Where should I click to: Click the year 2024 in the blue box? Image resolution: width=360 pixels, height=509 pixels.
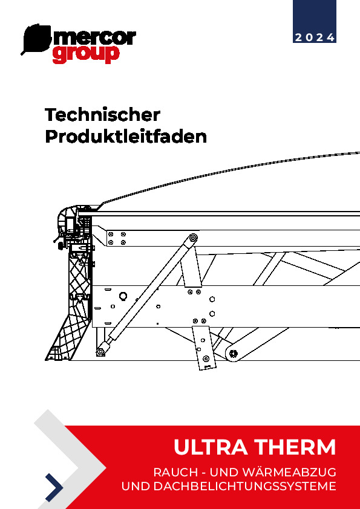(x=315, y=37)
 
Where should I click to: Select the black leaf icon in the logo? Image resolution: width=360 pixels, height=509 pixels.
(x=36, y=39)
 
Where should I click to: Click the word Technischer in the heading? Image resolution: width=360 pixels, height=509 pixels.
(x=102, y=115)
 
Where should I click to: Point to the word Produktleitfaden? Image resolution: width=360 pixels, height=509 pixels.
(x=126, y=137)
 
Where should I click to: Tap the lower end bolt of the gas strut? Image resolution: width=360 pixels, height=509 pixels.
(x=100, y=352)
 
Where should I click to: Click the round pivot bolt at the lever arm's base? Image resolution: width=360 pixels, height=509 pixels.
(x=234, y=353)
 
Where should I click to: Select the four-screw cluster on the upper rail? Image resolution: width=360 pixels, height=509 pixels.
(x=117, y=238)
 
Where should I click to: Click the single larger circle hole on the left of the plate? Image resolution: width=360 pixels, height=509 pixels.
(x=123, y=296)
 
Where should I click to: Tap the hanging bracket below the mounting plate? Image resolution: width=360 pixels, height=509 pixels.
(x=204, y=348)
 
